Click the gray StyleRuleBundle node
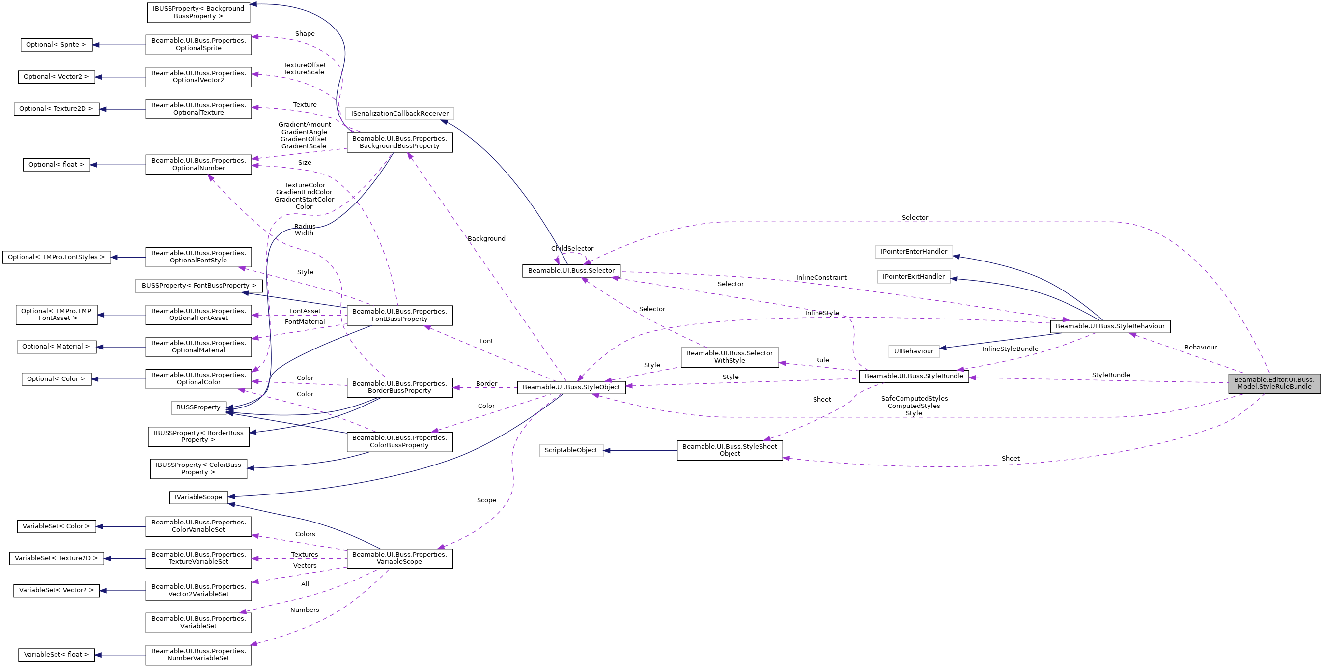click(1274, 383)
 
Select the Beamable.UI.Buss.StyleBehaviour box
click(1110, 326)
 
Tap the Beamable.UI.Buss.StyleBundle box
click(914, 376)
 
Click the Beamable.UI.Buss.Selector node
click(571, 271)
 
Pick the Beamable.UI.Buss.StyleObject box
click(571, 387)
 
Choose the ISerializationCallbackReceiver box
click(399, 114)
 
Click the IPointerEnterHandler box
click(914, 252)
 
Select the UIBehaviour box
click(914, 351)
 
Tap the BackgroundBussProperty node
click(399, 143)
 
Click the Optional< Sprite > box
click(56, 45)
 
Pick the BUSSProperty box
click(198, 407)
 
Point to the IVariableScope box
click(198, 497)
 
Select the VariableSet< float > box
click(56, 655)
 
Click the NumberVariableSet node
click(198, 655)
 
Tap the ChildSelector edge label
click(572, 249)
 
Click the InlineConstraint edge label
click(821, 278)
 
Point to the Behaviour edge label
click(1200, 348)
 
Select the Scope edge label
click(486, 500)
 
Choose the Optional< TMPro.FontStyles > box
click(56, 257)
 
